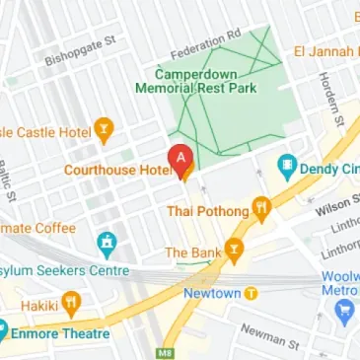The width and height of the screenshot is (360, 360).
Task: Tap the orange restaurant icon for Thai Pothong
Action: pos(262,208)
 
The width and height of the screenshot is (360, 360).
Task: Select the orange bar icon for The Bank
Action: pos(235,252)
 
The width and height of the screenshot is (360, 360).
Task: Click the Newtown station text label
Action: pos(211,293)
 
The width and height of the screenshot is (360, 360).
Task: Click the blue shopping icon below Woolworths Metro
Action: pos(344,314)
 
